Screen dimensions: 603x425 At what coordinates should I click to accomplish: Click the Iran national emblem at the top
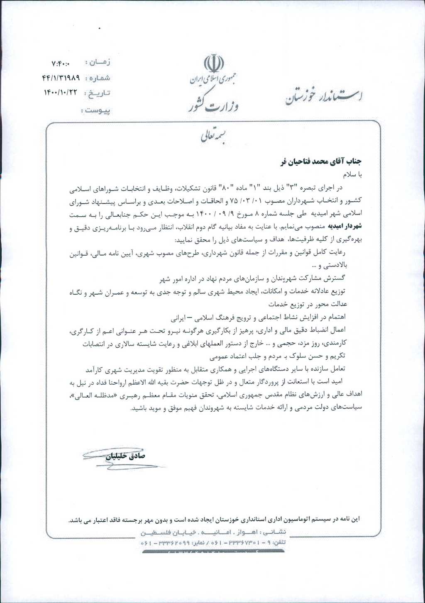pyautogui.click(x=214, y=64)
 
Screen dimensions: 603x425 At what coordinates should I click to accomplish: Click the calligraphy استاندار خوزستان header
pyautogui.click(x=324, y=96)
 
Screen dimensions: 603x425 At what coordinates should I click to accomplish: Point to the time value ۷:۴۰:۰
pyautogui.click(x=61, y=63)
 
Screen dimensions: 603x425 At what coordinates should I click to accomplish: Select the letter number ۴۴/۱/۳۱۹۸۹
pyautogui.click(x=61, y=78)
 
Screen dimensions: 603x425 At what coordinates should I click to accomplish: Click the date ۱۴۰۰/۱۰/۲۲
pyautogui.click(x=61, y=93)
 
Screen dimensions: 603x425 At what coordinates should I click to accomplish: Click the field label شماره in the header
pyautogui.click(x=98, y=78)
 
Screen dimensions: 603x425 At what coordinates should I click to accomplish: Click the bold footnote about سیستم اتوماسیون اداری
pyautogui.click(x=214, y=520)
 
